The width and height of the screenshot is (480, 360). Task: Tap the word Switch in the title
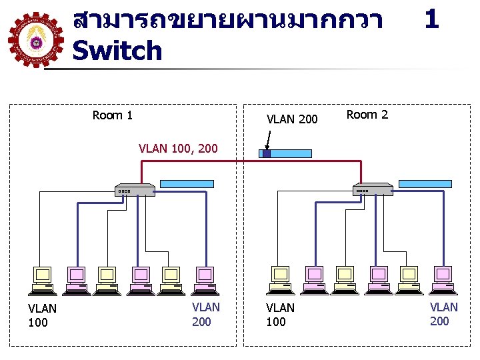point(117,51)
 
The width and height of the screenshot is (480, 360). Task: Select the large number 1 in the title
point(431,19)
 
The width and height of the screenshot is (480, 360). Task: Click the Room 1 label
point(113,115)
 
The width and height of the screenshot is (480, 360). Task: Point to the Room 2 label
point(367,115)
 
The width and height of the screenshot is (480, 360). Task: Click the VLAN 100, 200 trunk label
point(178,148)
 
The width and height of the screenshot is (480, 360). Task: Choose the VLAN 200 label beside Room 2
point(292,119)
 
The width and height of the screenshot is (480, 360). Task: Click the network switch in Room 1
point(135,190)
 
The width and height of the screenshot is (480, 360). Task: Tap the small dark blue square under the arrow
point(266,153)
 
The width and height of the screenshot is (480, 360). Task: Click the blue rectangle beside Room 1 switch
point(188,183)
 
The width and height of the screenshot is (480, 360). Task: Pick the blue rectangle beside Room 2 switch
point(425,183)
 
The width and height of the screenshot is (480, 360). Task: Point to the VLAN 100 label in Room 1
point(42,315)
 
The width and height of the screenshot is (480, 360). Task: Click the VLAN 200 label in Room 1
point(205,315)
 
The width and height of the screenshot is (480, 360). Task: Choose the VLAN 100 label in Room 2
point(280,315)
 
